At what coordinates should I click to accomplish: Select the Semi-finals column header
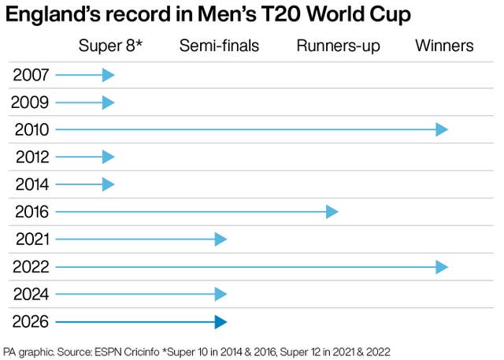pos(219,46)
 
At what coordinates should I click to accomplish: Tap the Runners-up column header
pos(338,46)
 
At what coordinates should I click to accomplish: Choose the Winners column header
pos(444,46)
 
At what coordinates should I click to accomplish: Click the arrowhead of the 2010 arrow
pos(443,130)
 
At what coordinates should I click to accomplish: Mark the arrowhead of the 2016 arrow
pos(332,212)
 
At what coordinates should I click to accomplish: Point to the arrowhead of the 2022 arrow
pos(443,267)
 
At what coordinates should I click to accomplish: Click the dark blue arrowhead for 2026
pos(220,321)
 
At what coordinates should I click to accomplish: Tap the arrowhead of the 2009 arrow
pos(109,102)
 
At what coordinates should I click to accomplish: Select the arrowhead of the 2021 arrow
pos(220,239)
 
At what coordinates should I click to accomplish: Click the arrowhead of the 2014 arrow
pos(109,185)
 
